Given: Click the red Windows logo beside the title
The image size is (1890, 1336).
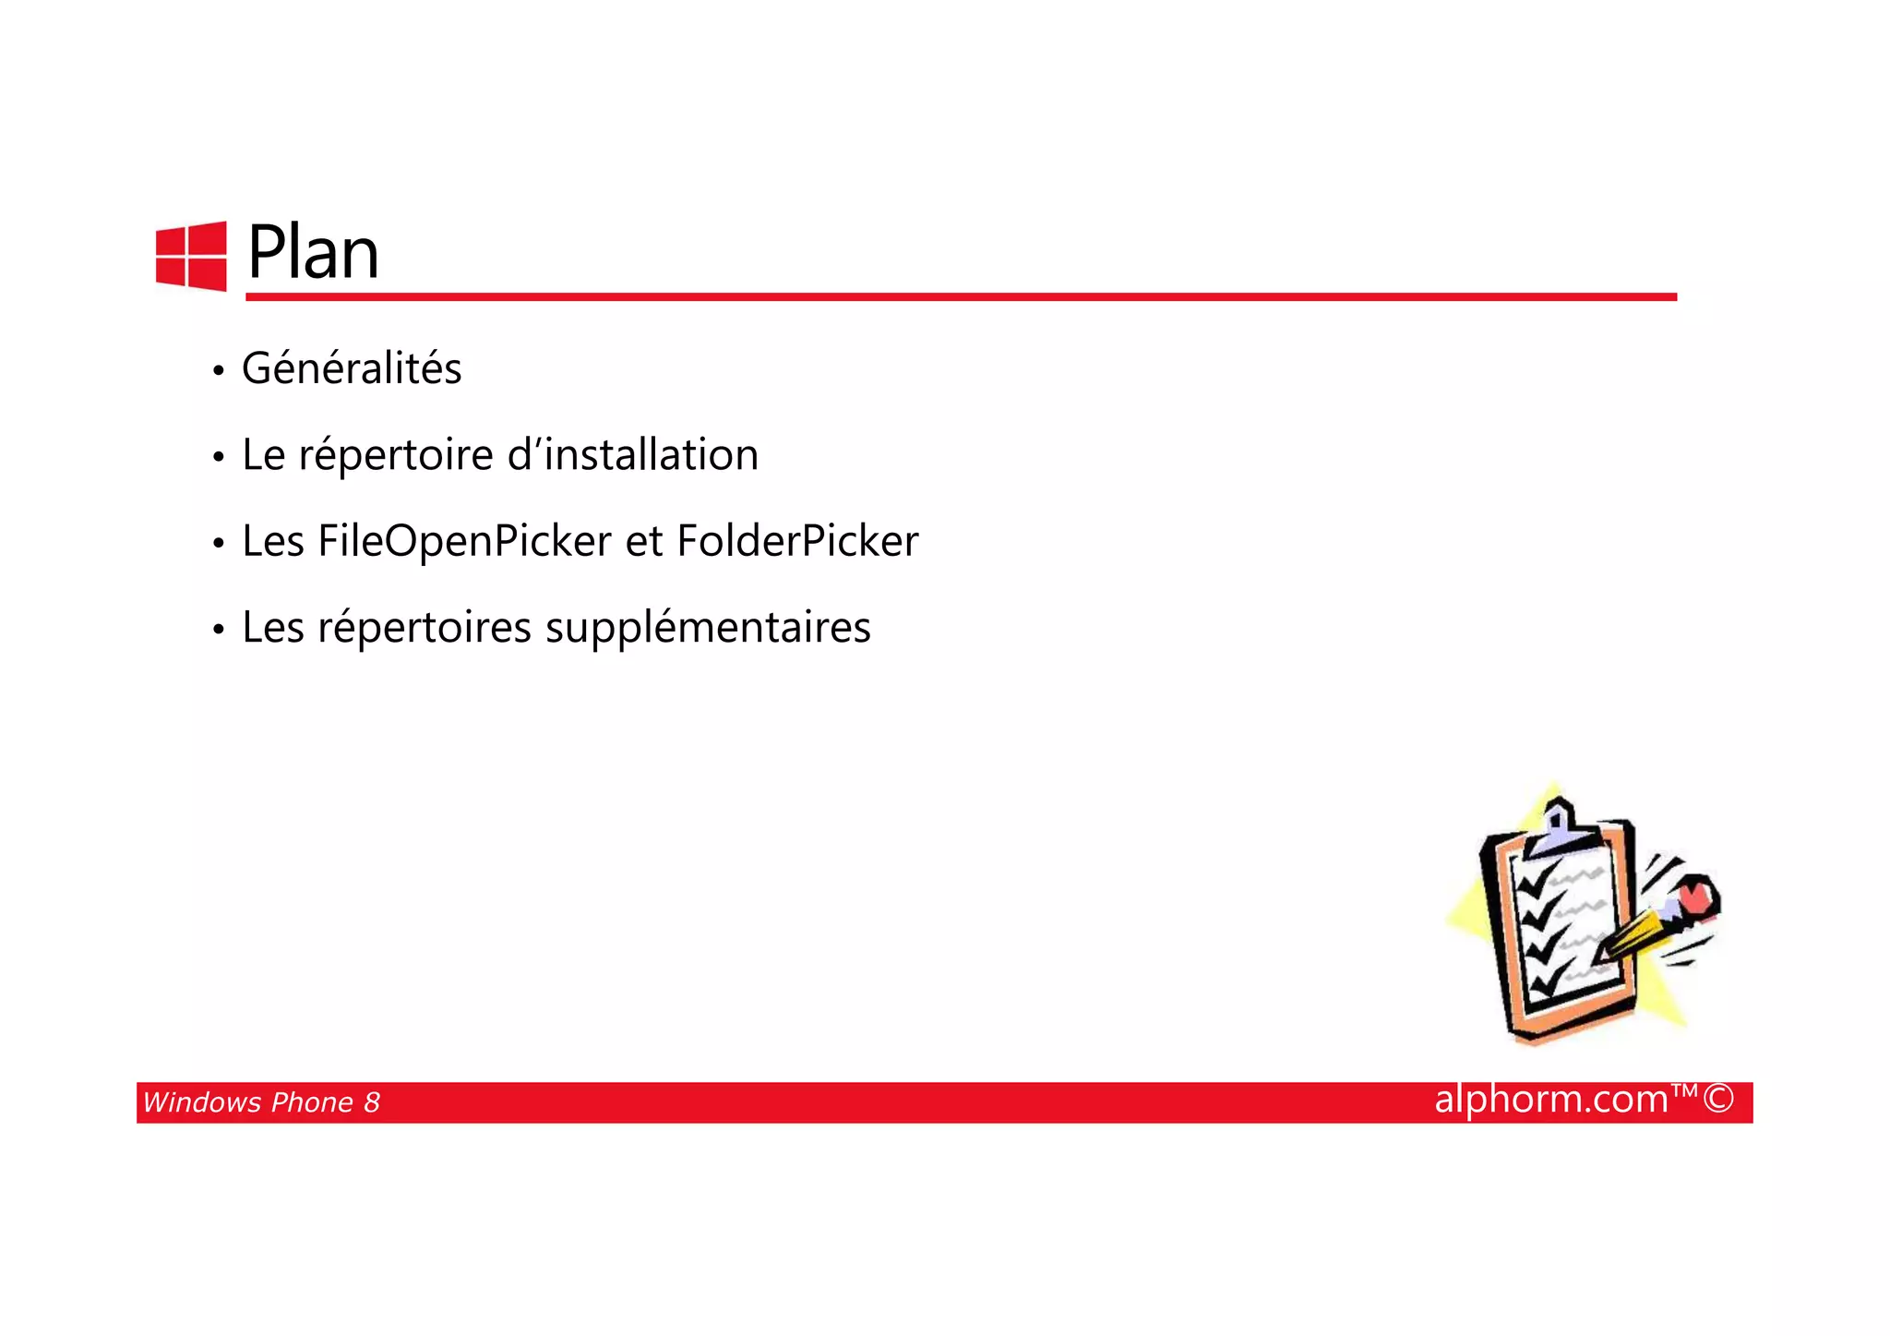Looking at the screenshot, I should [191, 256].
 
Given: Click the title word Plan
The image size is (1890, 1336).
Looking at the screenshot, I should [313, 252].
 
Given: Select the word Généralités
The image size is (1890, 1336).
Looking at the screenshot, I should [352, 368].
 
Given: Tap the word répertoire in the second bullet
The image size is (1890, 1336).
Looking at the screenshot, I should [396, 455].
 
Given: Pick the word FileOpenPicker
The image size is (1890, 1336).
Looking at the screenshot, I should [464, 541].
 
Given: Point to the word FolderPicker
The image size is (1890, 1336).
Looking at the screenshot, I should [797, 541].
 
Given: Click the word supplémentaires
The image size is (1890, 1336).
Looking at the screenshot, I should [708, 628].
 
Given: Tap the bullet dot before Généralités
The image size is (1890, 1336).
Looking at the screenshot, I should [218, 371].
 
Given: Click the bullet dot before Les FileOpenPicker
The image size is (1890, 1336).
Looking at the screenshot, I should [218, 544].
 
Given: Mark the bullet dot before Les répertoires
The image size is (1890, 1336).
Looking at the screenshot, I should [218, 631].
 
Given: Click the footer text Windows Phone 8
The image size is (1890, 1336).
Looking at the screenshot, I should [261, 1102].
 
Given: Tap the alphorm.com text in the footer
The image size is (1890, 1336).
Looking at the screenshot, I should [1551, 1099].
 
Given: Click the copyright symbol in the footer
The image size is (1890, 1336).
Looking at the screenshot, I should [1718, 1099].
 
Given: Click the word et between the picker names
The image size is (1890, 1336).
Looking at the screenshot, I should [644, 541].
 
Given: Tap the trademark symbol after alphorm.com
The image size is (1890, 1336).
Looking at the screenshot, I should [1684, 1091].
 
